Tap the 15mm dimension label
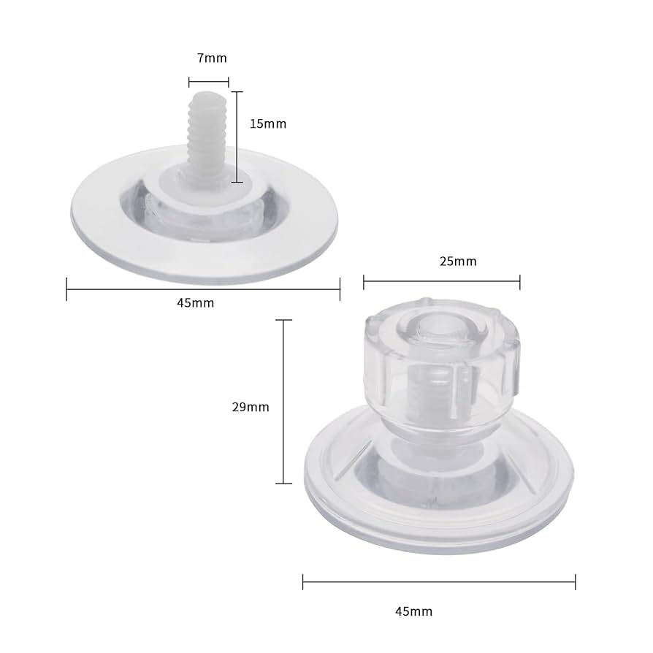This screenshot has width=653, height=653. [267, 124]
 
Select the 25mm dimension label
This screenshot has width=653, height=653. [458, 261]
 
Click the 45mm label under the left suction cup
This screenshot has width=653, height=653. [196, 303]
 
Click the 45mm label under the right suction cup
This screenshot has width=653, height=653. [413, 611]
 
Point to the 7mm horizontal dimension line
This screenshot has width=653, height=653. [209, 82]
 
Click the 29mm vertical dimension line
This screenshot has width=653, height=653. [283, 402]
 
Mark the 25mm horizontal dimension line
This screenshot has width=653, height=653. [441, 278]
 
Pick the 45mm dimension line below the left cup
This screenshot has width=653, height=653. [203, 289]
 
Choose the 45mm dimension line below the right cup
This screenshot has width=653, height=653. [439, 581]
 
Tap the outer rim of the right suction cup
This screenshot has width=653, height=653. [439, 537]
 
